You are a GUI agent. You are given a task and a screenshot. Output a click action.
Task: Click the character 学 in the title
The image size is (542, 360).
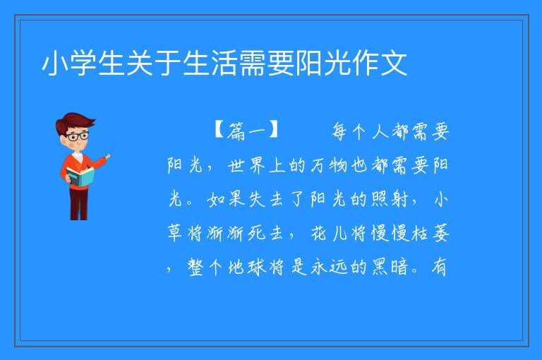84,63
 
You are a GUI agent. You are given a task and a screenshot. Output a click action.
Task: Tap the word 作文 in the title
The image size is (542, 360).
379,63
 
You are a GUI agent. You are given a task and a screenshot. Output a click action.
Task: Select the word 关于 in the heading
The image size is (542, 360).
154,63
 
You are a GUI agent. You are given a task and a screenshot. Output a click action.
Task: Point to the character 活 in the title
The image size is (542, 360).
224,63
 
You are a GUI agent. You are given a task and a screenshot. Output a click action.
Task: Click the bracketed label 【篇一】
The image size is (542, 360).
246,131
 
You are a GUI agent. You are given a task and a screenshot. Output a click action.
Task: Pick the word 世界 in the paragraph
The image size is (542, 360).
246,165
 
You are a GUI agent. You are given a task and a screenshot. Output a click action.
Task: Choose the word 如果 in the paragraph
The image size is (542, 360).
226,199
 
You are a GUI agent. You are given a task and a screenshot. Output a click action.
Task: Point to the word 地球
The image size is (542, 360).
246,267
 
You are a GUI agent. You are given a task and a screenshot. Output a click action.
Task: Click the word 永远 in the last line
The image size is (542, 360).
328,267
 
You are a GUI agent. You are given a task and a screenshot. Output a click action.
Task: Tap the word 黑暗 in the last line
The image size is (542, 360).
390,267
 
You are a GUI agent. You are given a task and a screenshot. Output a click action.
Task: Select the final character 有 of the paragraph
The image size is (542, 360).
439,267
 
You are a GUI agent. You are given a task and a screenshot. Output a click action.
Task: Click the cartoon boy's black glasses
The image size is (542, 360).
77,136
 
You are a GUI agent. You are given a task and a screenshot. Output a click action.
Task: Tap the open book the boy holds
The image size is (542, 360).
80,177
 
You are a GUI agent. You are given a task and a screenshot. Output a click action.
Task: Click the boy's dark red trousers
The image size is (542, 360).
79,204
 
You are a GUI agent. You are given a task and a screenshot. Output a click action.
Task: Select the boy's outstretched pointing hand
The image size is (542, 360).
108,157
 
